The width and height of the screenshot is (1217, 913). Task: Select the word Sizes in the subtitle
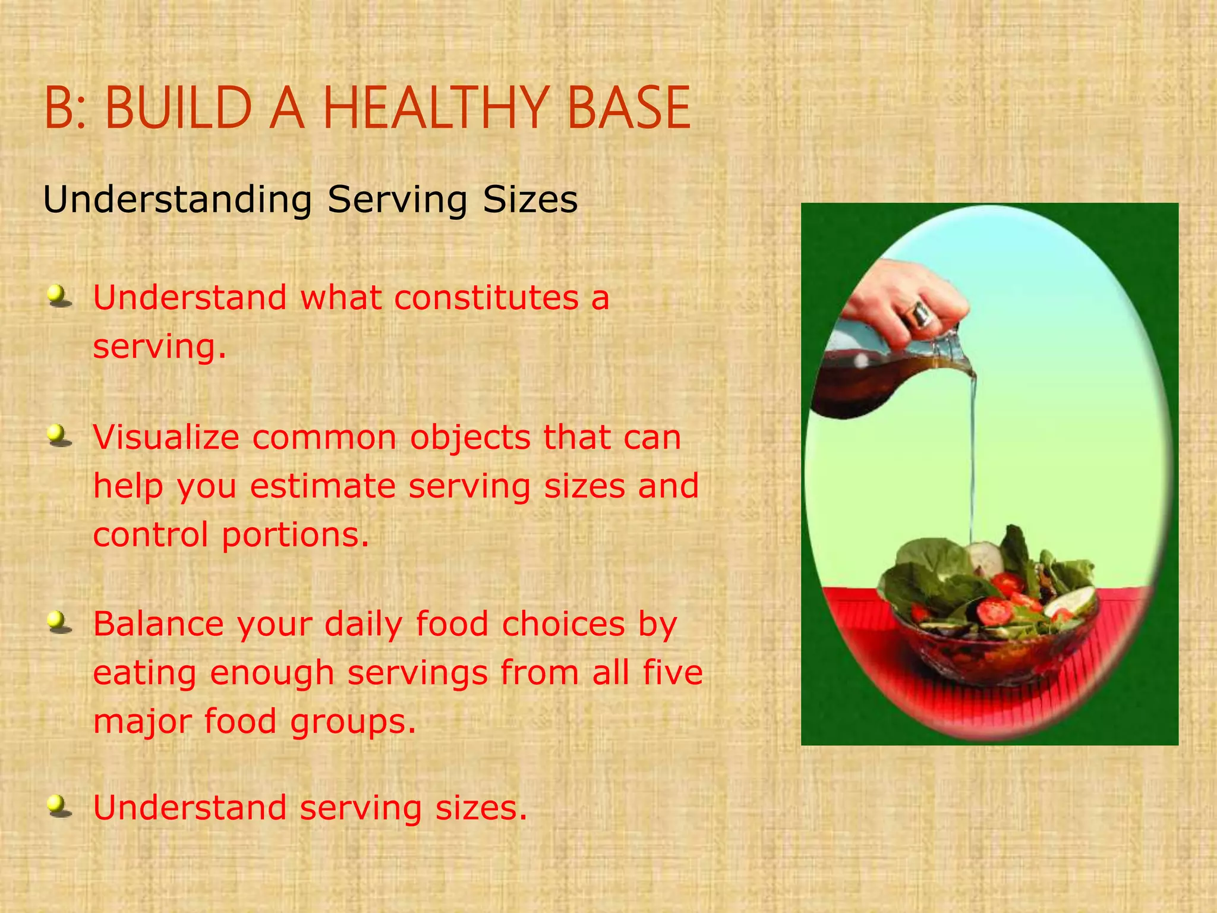tap(530, 200)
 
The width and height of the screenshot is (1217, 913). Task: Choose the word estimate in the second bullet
tap(322, 486)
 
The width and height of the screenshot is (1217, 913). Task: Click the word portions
tap(295, 534)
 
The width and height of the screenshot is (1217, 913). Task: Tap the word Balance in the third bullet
tap(158, 624)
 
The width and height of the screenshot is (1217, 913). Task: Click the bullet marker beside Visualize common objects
tap(58, 437)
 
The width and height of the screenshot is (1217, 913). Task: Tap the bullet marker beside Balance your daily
tap(58, 623)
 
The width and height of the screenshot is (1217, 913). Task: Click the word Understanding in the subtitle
tap(177, 200)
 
